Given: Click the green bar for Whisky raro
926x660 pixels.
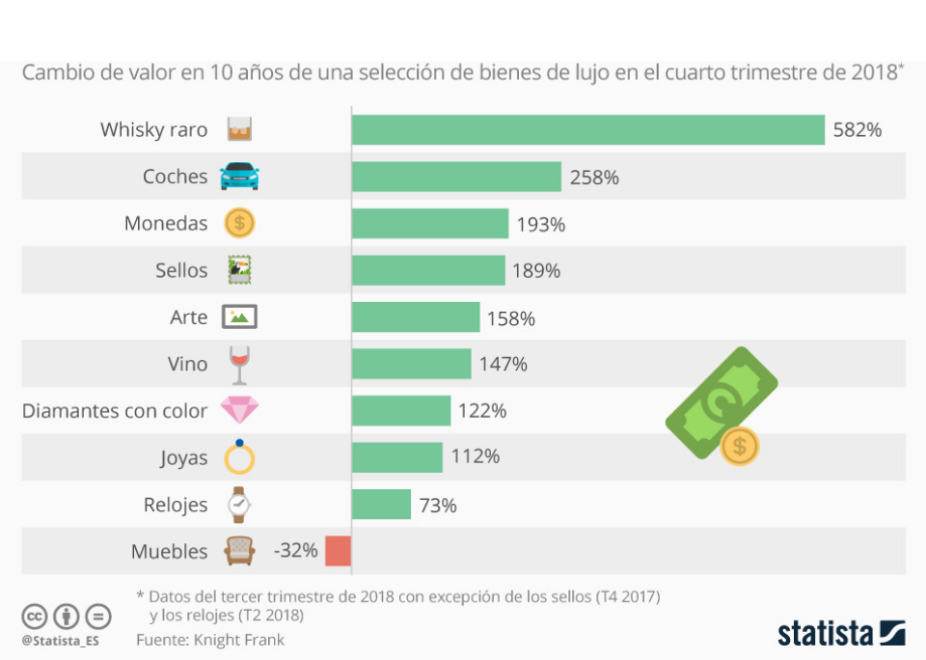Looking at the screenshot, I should [x=587, y=129].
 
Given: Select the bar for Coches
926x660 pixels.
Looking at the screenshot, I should [x=456, y=177].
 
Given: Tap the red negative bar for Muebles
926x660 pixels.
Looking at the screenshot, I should [x=338, y=551].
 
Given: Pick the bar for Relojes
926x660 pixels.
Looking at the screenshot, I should [x=381, y=505].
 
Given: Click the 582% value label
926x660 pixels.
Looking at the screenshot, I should [x=857, y=130].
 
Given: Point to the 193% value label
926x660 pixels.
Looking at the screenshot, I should [x=540, y=224].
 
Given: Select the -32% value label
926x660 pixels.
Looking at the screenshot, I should [x=295, y=551].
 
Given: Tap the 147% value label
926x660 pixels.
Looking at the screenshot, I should [x=503, y=364].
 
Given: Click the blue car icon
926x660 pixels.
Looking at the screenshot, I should [x=239, y=177].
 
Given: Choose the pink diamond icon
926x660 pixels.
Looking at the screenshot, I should [x=239, y=411].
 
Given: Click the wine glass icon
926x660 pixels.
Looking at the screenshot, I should [x=239, y=366].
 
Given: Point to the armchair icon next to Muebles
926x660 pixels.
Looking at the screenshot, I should [x=239, y=551].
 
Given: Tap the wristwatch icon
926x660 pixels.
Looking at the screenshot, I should [x=239, y=504].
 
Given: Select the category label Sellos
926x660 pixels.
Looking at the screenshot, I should [x=181, y=270].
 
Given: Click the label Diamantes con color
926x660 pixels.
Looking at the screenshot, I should [x=115, y=411].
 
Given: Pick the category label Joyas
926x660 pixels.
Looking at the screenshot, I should [x=183, y=457].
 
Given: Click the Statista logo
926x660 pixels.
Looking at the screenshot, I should [x=841, y=633].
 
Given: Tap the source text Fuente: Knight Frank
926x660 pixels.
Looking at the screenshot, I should [x=210, y=640].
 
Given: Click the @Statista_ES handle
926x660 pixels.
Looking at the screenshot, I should [x=60, y=640].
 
